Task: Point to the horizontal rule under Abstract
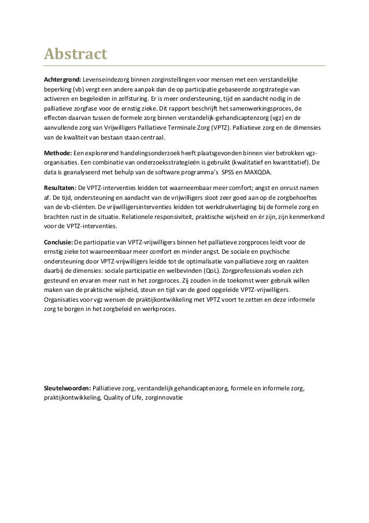[185, 66]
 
